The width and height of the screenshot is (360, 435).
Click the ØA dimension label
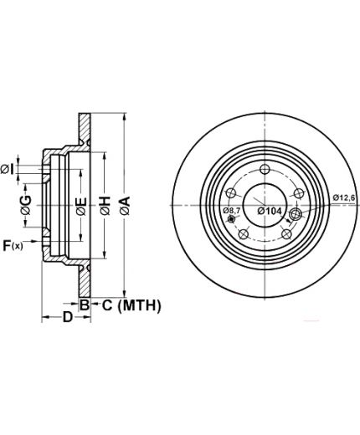[x=126, y=206]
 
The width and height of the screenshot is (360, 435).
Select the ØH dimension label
[x=105, y=206]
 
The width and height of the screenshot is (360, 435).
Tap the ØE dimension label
[x=81, y=207]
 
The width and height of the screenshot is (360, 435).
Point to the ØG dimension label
[x=26, y=205]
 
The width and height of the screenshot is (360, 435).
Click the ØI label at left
[x=7, y=169]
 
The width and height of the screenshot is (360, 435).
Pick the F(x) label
[x=13, y=246]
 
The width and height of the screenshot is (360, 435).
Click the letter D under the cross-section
[x=67, y=317]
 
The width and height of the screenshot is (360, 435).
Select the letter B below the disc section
[x=85, y=304]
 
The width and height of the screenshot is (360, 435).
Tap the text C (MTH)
[x=131, y=305]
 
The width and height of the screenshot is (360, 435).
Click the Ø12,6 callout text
[x=344, y=197]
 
